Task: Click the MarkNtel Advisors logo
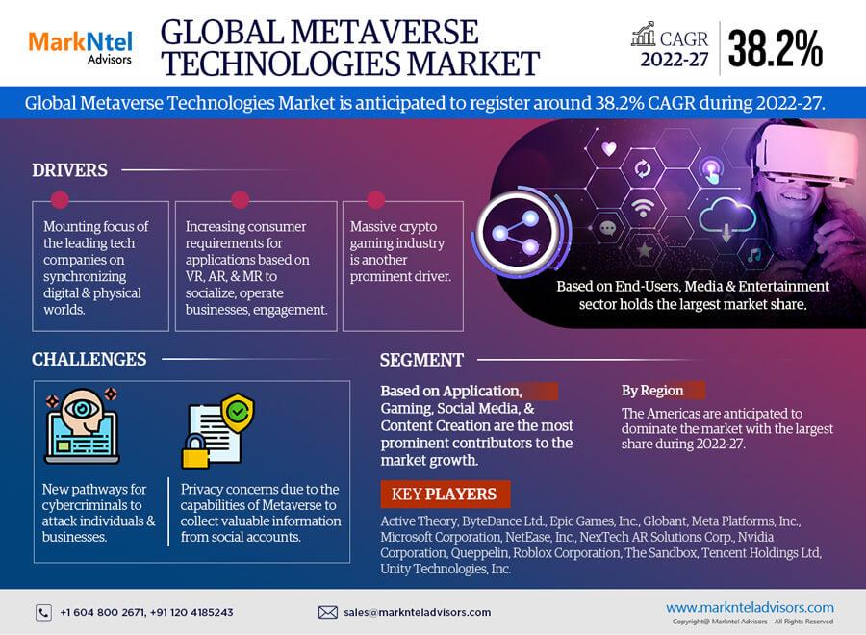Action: pos(81,48)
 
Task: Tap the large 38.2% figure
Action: pos(775,48)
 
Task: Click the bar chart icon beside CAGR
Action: pos(644,35)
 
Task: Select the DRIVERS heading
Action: pos(69,170)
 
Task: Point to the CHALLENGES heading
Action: pos(89,359)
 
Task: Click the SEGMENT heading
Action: pos(421,360)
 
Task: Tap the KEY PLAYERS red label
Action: pos(445,494)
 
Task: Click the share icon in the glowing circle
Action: pos(515,233)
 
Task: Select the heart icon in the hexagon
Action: pos(609,148)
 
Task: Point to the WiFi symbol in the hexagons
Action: pos(642,208)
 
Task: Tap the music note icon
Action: pos(753,255)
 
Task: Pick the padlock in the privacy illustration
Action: pos(195,451)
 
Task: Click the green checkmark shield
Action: pos(238,413)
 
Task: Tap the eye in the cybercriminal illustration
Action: pos(82,409)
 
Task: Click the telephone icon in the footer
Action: pos(43,612)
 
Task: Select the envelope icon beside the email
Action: pos(327,612)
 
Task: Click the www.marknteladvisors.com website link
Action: pos(750,607)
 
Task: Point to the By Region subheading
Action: pos(652,391)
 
